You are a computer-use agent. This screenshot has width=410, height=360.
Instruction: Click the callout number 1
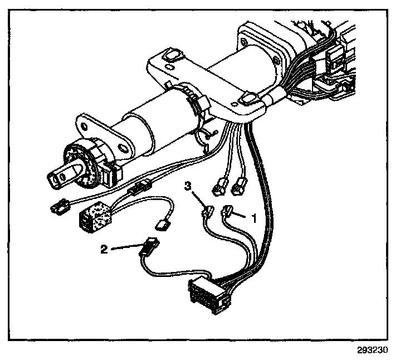click(x=255, y=219)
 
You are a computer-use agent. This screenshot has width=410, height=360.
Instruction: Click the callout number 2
click(x=104, y=249)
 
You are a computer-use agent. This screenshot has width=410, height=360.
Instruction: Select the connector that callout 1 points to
click(x=228, y=211)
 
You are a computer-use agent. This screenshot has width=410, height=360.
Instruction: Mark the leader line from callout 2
click(x=125, y=247)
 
